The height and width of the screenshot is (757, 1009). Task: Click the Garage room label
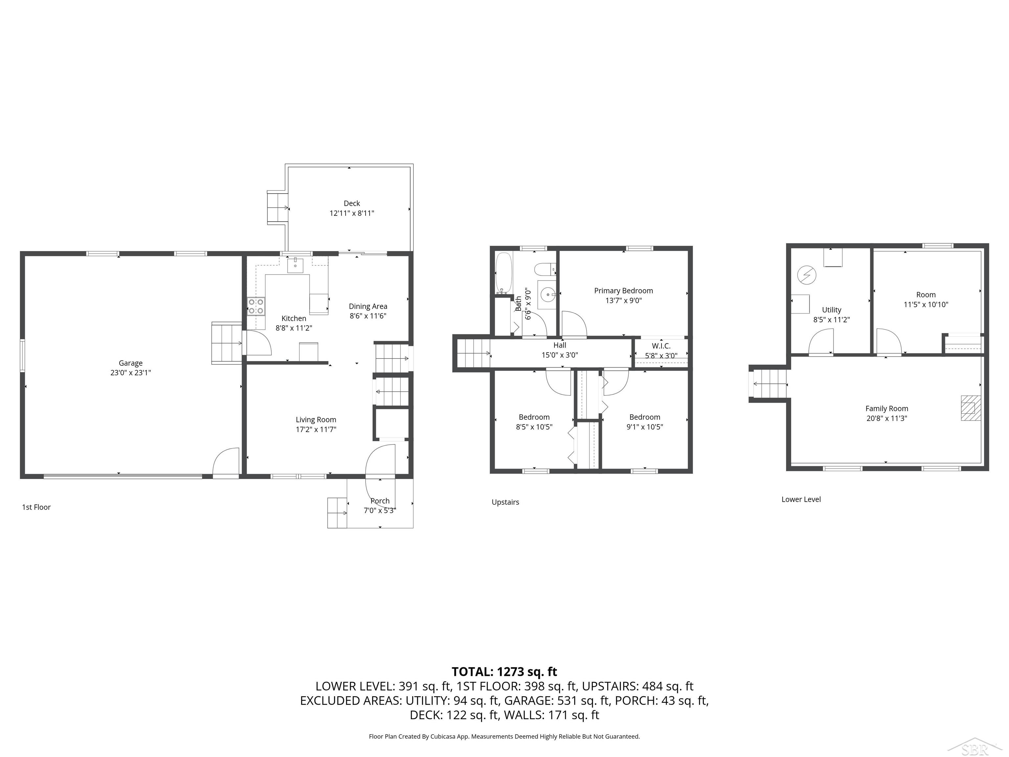(130, 363)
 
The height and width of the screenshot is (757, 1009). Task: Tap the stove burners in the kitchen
(256, 306)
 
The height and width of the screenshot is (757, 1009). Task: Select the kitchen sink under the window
(295, 264)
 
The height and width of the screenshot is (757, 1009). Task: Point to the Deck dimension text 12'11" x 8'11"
(352, 213)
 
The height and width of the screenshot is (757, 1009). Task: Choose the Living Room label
(316, 420)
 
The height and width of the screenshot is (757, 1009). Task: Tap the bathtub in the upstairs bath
(504, 273)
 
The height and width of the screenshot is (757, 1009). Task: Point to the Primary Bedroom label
(623, 291)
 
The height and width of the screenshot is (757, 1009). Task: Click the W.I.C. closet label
(661, 346)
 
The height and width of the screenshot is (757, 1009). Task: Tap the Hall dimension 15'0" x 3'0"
(560, 355)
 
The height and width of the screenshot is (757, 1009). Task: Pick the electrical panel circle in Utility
(806, 275)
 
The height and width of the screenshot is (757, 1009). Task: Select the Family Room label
(886, 409)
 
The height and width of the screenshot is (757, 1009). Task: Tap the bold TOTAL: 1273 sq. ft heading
(504, 672)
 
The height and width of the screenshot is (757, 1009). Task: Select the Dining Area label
(368, 306)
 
